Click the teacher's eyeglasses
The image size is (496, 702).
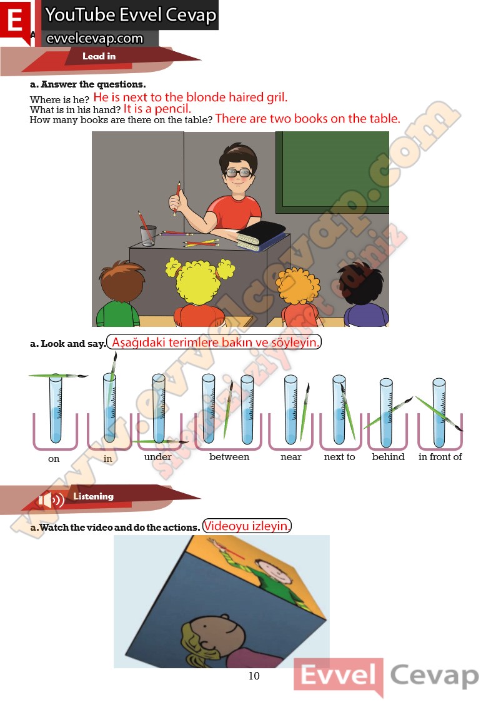click(238, 173)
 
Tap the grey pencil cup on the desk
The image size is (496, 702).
click(149, 236)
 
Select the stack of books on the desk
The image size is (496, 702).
click(260, 235)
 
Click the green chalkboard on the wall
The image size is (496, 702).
click(332, 173)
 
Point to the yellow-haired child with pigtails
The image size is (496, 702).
click(199, 291)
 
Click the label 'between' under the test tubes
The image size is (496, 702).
click(229, 457)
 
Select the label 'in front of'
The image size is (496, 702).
click(440, 457)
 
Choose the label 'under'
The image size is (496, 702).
click(157, 457)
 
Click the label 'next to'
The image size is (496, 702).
click(339, 457)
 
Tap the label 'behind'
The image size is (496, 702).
click(388, 457)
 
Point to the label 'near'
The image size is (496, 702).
click(290, 457)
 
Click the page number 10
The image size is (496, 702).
click(254, 676)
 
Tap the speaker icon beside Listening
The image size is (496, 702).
click(51, 499)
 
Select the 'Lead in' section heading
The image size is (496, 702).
click(99, 56)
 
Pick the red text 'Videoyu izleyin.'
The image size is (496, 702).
click(246, 526)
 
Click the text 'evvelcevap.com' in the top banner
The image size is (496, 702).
click(95, 39)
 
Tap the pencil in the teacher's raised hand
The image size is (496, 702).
click(177, 198)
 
